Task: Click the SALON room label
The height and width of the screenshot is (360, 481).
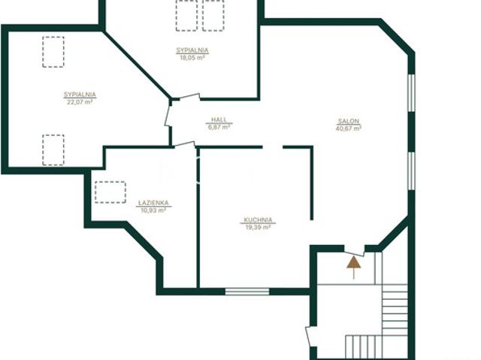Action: pos(349,121)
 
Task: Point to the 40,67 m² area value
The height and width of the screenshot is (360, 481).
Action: pos(349,129)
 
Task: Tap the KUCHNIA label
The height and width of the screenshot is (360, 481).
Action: pos(258,219)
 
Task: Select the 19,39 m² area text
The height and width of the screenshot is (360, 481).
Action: pos(258,227)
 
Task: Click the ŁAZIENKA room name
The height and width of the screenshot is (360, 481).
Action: pos(153,203)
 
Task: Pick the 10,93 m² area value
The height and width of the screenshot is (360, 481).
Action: pos(153,210)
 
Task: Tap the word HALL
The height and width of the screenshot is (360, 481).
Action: pos(219,119)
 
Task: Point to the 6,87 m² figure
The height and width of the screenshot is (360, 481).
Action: pos(219,127)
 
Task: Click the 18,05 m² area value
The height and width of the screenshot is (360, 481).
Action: pos(192,58)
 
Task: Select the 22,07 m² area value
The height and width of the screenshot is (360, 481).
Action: pos(80,102)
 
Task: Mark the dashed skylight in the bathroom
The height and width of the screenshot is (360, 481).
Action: pos(110,192)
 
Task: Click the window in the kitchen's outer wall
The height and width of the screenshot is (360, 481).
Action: pos(247,292)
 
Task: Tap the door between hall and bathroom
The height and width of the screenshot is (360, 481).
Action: pos(185,144)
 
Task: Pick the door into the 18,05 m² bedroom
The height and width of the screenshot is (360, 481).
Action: pos(189,97)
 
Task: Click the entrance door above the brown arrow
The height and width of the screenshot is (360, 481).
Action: pos(354,253)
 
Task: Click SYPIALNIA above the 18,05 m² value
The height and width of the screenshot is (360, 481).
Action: pos(192,50)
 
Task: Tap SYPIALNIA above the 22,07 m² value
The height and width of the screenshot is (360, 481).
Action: pos(80,95)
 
